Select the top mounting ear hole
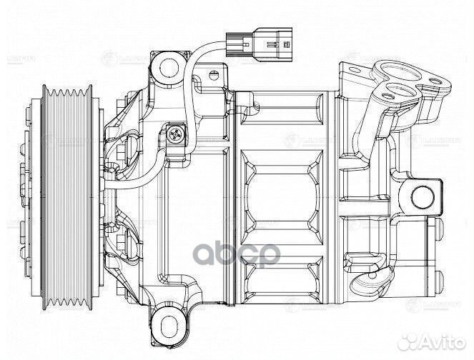point(169,67)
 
